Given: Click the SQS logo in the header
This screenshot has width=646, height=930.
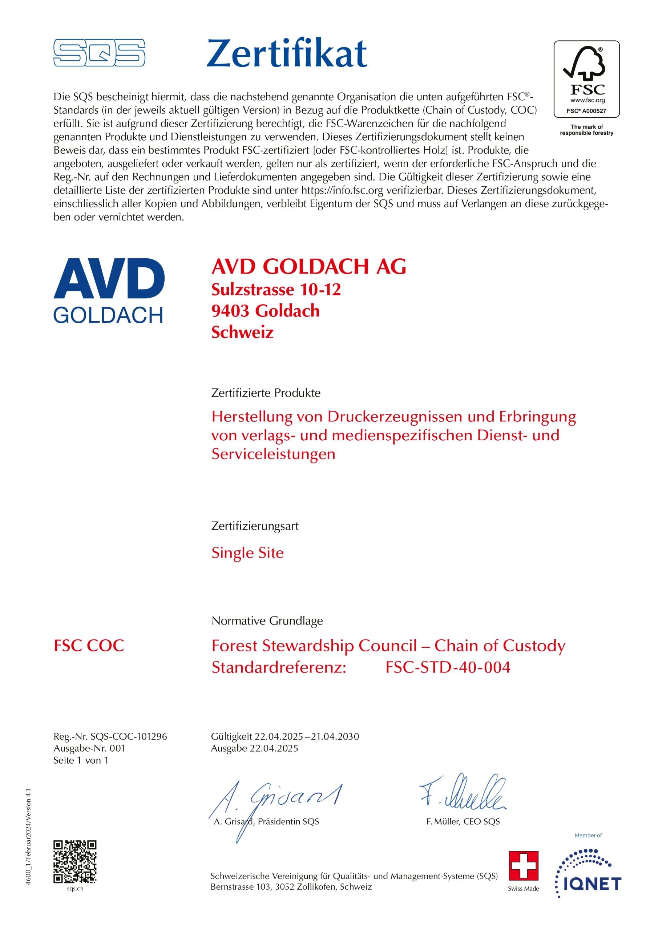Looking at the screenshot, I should click(x=99, y=53).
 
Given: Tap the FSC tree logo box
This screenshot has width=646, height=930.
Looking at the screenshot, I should click(x=586, y=79).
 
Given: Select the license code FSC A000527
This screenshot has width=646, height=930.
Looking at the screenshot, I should click(x=586, y=111).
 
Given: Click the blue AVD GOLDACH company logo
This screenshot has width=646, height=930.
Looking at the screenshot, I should click(x=109, y=290).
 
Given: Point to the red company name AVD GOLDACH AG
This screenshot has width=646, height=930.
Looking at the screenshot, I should click(x=308, y=267).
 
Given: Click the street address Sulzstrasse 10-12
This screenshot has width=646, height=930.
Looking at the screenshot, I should click(x=276, y=290).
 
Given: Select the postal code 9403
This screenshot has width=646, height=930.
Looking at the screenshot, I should click(x=230, y=311).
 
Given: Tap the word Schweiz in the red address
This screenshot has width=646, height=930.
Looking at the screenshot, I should click(x=242, y=332).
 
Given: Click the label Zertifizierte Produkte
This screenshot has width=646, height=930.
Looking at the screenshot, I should click(x=266, y=393).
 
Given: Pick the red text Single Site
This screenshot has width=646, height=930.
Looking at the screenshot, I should click(x=247, y=553).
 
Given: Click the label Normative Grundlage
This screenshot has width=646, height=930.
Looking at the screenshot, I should click(x=267, y=620).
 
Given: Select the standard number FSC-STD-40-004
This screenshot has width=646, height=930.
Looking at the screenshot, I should click(x=448, y=667).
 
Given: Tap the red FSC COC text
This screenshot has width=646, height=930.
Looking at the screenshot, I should click(x=89, y=646).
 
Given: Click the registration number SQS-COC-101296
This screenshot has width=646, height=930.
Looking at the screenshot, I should click(x=129, y=736).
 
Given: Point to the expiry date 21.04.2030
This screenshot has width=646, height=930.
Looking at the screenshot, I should click(x=335, y=736).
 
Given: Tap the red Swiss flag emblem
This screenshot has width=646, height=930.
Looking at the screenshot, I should click(x=523, y=866).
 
